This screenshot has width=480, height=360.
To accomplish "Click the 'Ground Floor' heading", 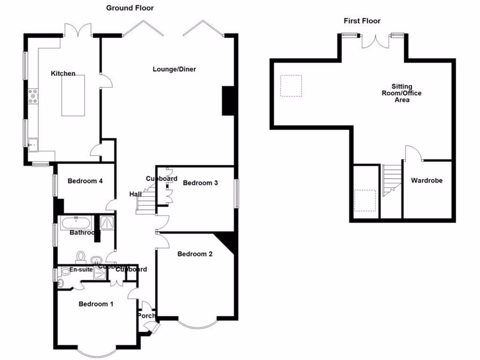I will pos(130,8).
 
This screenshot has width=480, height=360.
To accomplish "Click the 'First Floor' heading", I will pos(362,21).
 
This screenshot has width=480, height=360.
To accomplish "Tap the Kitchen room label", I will pos(63,74).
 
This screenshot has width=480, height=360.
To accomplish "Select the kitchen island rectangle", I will pos(73,96).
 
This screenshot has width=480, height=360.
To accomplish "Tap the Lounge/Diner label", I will pos(174,69).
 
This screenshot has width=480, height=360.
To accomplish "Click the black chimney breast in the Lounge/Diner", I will pos(228,100).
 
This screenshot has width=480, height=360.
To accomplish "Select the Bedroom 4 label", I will pos(85,181).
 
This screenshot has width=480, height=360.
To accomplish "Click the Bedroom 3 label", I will pos(200,183).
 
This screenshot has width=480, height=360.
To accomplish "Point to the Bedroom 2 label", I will pos(195,254).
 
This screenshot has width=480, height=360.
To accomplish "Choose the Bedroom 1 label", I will pos(96,304).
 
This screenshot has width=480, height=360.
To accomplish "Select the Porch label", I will pos(146,316).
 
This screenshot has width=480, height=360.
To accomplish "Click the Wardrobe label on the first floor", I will pos(427,180).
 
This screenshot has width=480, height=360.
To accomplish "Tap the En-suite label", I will pos(81,270).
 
